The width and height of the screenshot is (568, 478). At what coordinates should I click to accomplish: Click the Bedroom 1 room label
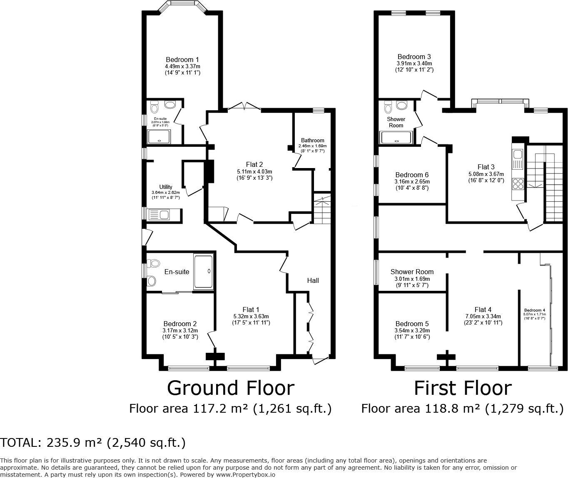click(x=182, y=59)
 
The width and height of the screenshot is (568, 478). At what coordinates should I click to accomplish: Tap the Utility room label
click(x=166, y=187)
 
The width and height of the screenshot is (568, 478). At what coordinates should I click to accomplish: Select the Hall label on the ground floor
click(x=313, y=280)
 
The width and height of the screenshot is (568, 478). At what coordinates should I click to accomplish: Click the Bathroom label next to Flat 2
click(x=312, y=141)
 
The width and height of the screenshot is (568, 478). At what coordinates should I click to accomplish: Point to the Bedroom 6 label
click(x=412, y=175)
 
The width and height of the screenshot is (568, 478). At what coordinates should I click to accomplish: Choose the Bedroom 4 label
click(x=534, y=310)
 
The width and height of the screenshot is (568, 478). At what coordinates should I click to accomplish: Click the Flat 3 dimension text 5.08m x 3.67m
click(x=486, y=174)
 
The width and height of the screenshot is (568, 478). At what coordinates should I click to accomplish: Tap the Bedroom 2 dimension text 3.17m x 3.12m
click(x=180, y=330)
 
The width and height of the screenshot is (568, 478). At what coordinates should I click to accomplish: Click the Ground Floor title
click(x=230, y=388)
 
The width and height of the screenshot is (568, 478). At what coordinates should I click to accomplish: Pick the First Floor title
click(x=462, y=388)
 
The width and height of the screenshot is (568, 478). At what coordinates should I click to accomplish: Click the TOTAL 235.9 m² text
click(x=93, y=443)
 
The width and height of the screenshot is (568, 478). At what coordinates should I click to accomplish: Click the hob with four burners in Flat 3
click(x=518, y=183)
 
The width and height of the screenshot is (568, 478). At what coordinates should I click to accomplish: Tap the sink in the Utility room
click(x=163, y=215)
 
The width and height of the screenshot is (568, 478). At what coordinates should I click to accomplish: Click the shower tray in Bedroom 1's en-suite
click(x=159, y=136)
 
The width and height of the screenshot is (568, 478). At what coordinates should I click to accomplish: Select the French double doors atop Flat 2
click(x=244, y=106)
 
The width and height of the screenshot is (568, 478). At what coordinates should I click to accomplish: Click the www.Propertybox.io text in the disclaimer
click(x=245, y=474)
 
